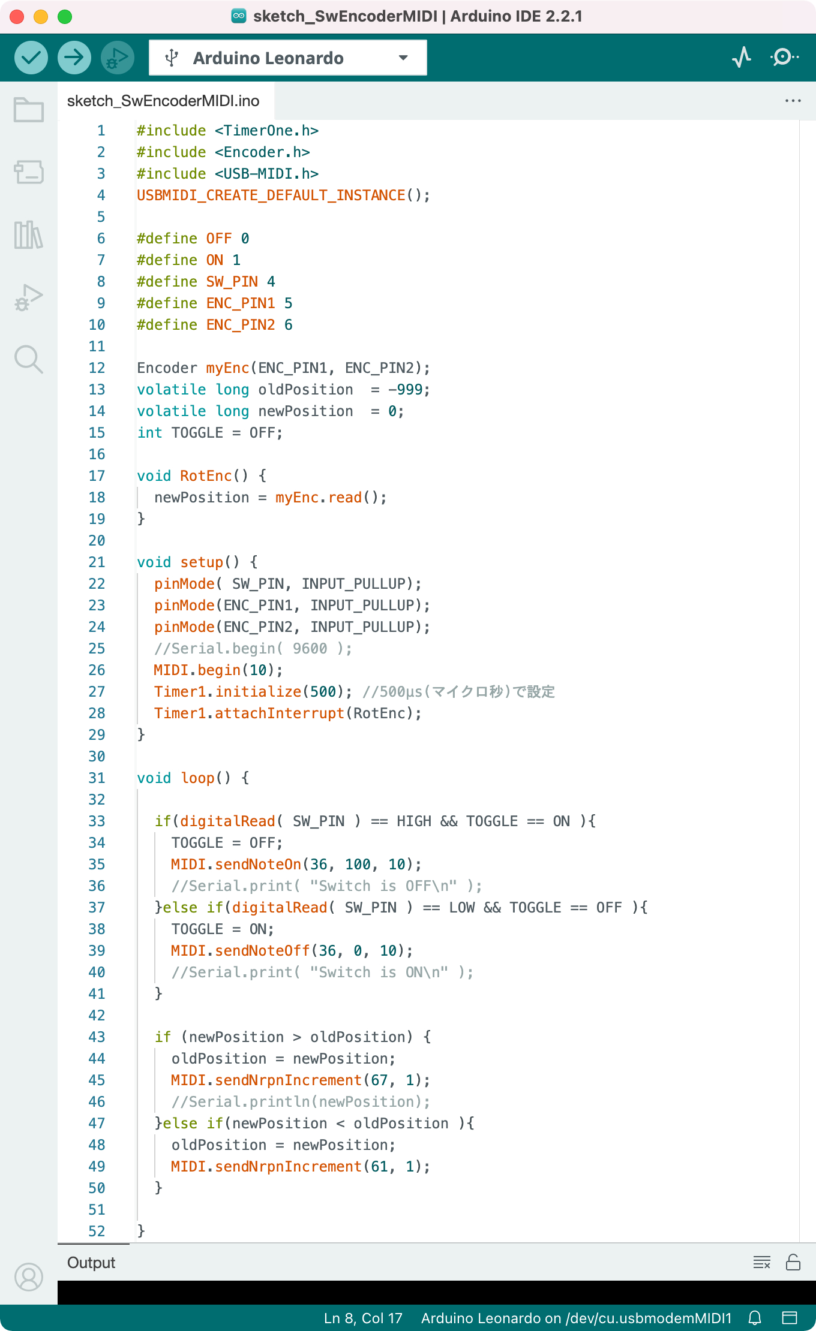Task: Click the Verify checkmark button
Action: [x=31, y=58]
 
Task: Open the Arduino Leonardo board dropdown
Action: [x=288, y=58]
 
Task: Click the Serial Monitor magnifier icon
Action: [x=784, y=58]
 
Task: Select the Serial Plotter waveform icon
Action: [x=742, y=58]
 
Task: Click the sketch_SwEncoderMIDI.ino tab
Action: [x=163, y=101]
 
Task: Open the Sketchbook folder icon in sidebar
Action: [x=29, y=110]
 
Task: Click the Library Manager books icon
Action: [x=29, y=234]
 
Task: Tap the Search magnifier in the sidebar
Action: [x=29, y=359]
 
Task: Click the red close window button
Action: [x=17, y=17]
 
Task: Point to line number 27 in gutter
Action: [x=97, y=692]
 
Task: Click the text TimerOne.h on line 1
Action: [x=267, y=131]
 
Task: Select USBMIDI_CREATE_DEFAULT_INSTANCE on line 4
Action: [x=271, y=195]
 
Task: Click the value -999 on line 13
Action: [x=405, y=390]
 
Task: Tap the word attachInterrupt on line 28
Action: [x=280, y=713]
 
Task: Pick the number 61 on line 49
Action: [x=379, y=1167]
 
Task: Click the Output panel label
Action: [x=91, y=1263]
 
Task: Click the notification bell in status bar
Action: [x=755, y=1318]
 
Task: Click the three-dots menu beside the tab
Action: [x=793, y=101]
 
